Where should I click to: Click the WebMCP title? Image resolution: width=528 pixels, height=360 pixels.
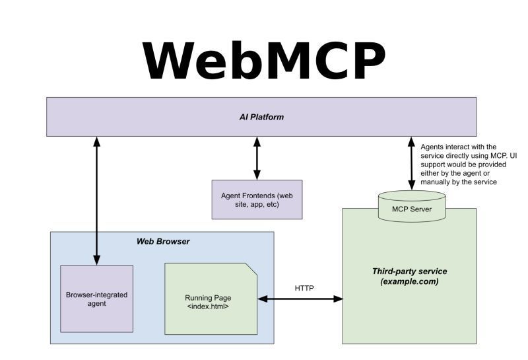coord(264,61)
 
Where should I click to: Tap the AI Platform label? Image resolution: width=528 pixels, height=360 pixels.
coord(261,117)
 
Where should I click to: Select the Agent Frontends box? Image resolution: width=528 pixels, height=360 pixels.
coord(257,199)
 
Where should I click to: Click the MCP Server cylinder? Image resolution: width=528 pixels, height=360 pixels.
coord(412,206)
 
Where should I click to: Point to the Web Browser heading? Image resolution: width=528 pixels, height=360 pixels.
coord(163,241)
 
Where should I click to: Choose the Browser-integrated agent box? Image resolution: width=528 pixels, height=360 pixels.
coord(96,299)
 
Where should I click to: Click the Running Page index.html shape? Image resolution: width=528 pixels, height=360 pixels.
coord(211,299)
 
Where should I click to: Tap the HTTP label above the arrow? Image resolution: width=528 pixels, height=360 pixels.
coord(304,288)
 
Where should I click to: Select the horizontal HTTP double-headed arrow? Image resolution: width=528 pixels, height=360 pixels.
coord(300,299)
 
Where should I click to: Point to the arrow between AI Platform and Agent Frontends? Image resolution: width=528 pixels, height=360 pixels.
coord(257,158)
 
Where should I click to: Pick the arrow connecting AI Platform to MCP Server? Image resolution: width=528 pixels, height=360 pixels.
coord(411,163)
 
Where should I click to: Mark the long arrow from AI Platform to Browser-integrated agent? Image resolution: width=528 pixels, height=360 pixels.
coord(96,201)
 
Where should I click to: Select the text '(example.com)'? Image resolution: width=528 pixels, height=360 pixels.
coord(409,281)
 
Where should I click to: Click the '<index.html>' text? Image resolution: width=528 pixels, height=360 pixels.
coord(208,306)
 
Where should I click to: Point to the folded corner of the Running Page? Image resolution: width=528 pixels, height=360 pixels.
coord(251,269)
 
